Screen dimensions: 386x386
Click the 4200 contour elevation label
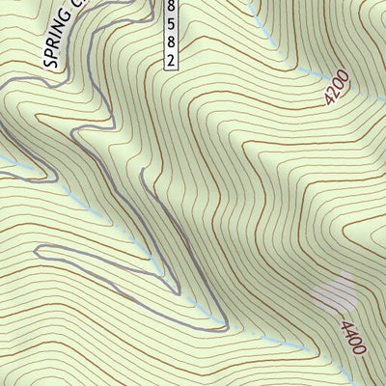335,92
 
